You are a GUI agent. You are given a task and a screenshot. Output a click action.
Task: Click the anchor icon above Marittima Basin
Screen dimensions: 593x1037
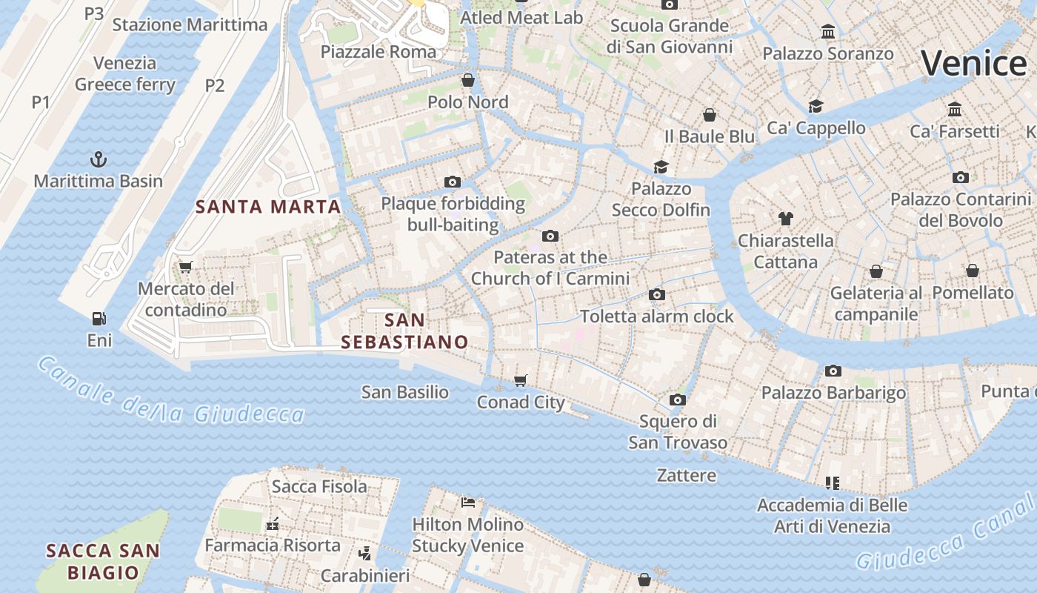click(98, 159)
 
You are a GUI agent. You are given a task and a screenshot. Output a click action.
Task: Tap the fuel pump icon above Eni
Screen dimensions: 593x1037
click(99, 319)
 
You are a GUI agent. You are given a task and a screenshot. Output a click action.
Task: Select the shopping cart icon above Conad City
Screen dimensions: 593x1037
click(521, 380)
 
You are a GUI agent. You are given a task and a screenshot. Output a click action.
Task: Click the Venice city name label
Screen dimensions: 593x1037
click(973, 63)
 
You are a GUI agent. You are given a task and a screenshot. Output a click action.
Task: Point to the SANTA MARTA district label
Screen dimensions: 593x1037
click(268, 207)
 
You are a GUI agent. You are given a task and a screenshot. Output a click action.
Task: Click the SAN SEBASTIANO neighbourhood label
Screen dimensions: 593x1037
click(404, 331)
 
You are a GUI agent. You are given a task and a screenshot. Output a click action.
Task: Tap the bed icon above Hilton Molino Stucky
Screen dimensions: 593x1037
click(468, 503)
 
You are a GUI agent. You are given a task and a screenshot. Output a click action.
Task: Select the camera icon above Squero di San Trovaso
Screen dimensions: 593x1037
click(677, 400)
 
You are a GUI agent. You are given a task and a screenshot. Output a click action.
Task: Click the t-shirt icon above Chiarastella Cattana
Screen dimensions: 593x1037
click(786, 219)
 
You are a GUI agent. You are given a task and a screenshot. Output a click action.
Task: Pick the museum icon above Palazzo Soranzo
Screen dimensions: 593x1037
click(828, 32)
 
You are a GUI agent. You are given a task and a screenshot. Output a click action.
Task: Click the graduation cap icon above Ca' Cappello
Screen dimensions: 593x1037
click(816, 106)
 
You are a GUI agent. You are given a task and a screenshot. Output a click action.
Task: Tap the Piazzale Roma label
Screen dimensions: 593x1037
click(378, 52)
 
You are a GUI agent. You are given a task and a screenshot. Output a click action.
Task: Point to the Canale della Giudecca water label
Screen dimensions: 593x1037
click(170, 393)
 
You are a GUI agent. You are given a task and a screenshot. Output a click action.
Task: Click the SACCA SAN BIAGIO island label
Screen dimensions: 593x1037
click(103, 561)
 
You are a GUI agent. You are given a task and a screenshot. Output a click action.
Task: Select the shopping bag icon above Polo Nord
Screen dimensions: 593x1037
click(468, 80)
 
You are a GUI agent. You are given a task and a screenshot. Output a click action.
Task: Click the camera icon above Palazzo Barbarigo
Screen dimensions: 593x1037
click(833, 371)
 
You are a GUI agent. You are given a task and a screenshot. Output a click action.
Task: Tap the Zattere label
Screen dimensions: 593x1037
click(687, 475)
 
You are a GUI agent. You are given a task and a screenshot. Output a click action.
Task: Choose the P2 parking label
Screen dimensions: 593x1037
click(214, 85)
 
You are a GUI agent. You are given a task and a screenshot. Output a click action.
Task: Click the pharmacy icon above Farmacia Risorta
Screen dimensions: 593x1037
click(273, 524)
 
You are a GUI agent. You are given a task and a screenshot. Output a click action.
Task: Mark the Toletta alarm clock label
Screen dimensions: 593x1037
click(657, 317)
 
